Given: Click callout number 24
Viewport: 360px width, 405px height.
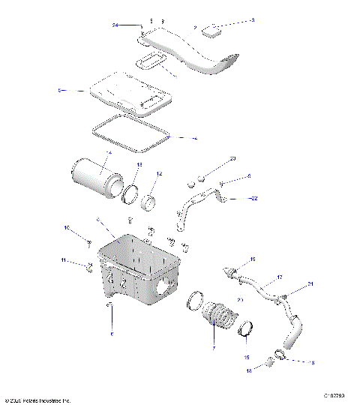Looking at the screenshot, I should (116, 25).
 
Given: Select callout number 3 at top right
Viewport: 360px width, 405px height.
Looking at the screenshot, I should (253, 20).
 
